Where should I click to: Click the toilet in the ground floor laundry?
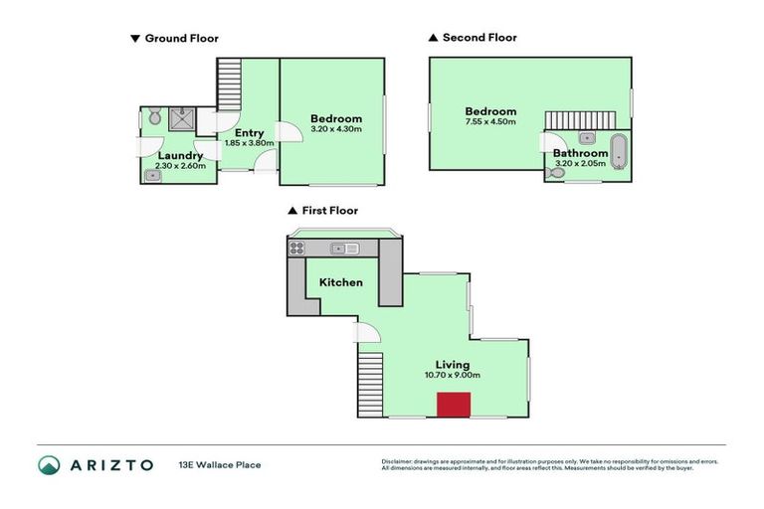point(153,118)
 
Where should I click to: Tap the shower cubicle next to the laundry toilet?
point(181,119)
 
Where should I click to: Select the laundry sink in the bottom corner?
point(152,175)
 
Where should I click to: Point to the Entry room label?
point(249,132)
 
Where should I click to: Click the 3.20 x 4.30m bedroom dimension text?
point(335,129)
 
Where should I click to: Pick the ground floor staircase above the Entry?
point(229,84)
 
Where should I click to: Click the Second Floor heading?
point(479,38)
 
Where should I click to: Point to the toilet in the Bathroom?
point(557,174)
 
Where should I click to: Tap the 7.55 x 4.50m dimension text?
point(490,122)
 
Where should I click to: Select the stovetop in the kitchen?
point(296,249)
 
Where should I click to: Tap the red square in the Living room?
point(454,405)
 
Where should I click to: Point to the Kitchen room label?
point(340,282)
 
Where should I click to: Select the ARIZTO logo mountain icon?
point(50,464)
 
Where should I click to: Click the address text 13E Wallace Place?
point(220,464)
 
